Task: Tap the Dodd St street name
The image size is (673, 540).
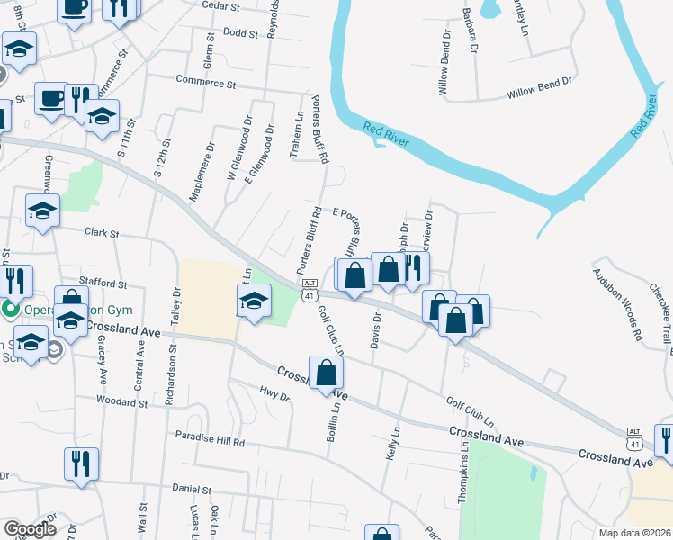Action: click(240, 32)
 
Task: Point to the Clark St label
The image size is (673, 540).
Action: click(102, 233)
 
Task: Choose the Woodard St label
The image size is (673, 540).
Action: click(121, 401)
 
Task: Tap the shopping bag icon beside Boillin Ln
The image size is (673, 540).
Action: click(326, 373)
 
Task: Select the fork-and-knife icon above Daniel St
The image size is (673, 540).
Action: click(82, 464)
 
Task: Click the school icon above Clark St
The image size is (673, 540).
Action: click(42, 211)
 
